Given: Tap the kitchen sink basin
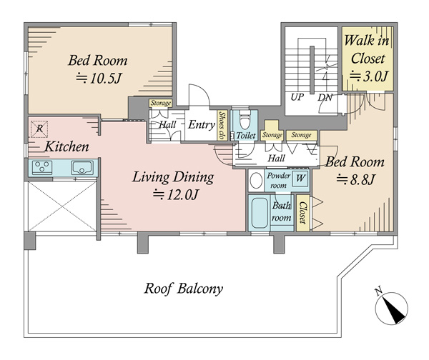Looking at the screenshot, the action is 82,168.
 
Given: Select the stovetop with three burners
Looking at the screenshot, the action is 42,168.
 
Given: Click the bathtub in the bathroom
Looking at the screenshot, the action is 260,213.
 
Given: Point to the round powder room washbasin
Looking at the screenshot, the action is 256,181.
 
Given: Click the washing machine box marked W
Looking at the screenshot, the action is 300,179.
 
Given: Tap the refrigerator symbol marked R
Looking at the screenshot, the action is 39,129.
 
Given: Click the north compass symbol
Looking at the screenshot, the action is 391,308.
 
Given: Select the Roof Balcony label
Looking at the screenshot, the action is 183,289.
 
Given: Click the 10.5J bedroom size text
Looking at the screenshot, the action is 98,79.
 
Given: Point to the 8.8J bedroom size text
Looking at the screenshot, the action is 355,179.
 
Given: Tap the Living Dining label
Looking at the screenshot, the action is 173,177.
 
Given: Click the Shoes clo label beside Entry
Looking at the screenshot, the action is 222,126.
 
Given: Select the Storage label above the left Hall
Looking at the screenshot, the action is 161,103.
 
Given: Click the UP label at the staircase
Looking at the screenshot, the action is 297,97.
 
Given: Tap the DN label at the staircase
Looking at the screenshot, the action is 325,97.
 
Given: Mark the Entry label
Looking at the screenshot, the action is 202,125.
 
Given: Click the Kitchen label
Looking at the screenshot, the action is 66,147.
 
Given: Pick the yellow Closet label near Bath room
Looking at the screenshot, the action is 302,213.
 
